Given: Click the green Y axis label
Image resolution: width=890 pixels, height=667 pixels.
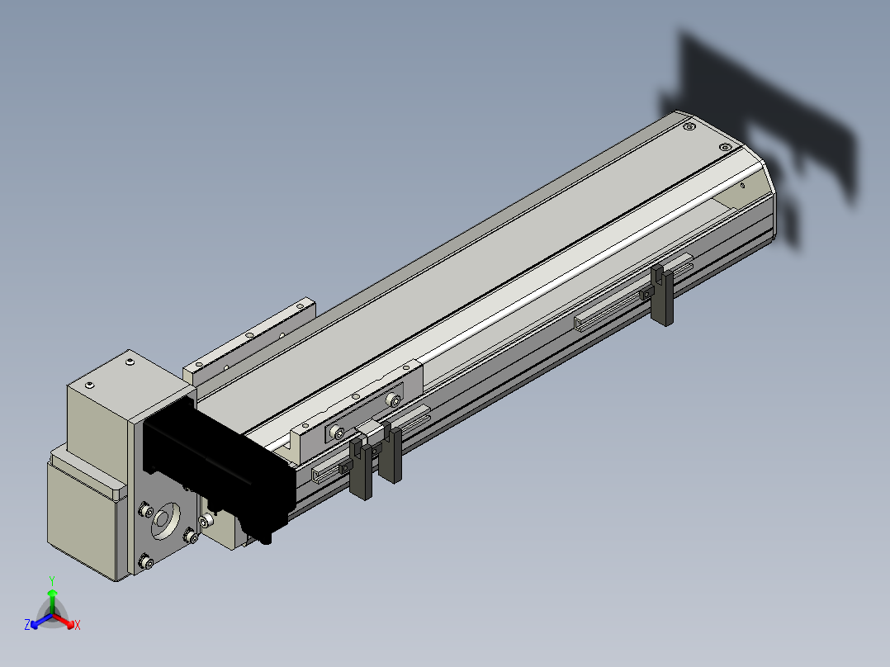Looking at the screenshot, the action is tap(52, 580).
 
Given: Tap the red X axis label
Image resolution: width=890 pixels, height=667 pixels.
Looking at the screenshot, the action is tap(78, 625).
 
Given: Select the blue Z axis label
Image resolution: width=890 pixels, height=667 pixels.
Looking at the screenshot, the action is tap(27, 624).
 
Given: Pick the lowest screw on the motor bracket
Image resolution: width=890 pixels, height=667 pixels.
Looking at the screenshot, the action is tap(147, 562).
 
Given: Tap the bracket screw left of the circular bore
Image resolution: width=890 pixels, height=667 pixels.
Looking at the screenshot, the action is tap(146, 510).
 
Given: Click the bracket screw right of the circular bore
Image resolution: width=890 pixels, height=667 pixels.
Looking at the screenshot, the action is tap(190, 535).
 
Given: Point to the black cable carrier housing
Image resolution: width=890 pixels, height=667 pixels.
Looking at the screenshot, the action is tap(219, 469).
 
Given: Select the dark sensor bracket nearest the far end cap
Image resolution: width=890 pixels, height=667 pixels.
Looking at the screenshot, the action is tap(662, 296).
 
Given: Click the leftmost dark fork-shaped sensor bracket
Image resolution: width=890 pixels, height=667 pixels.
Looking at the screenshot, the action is tap(361, 467).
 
